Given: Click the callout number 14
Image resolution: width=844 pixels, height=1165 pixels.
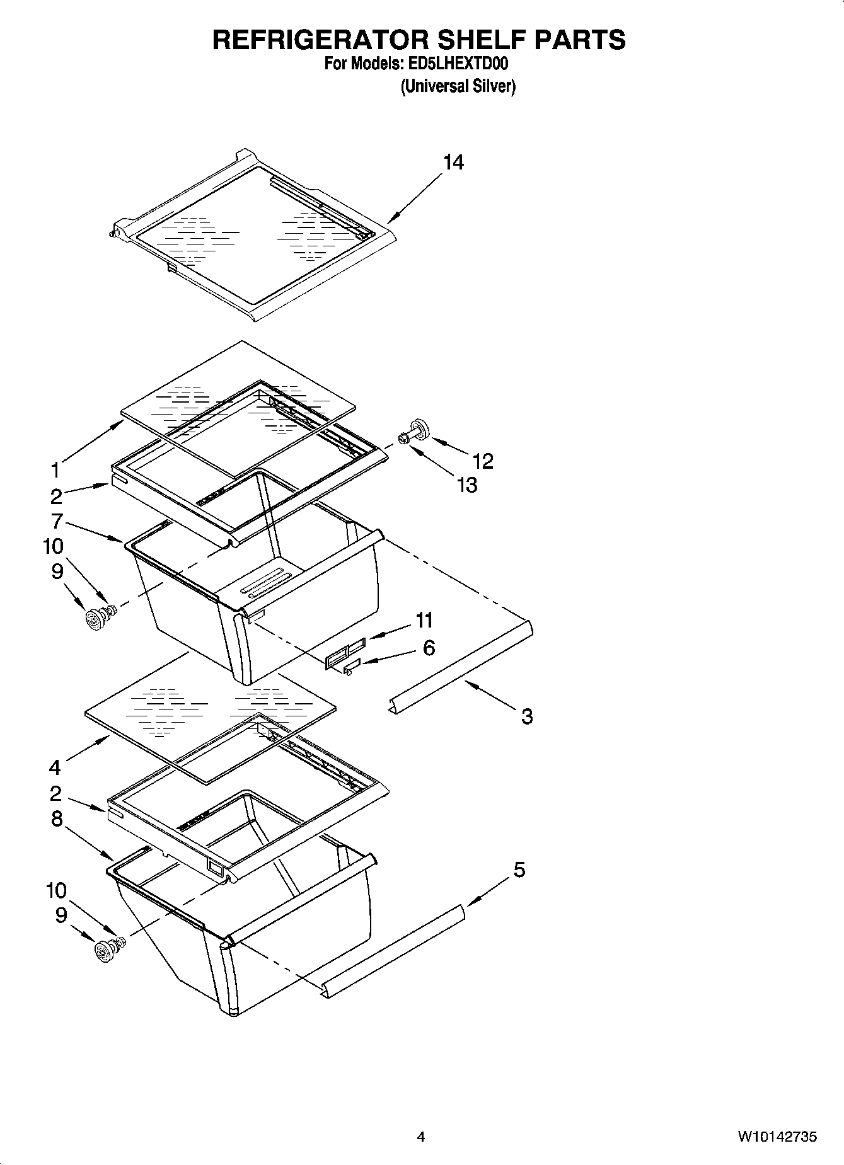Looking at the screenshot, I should coord(453,163).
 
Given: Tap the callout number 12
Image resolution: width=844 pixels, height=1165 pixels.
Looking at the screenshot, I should coord(483,461).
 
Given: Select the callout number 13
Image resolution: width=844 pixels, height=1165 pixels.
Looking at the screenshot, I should coord(467,485).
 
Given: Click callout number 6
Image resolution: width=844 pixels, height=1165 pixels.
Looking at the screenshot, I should coord(429,647).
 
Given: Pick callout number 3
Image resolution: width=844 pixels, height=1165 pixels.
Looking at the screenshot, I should coord(527,716).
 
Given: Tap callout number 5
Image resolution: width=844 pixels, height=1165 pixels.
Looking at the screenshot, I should coord(519,870).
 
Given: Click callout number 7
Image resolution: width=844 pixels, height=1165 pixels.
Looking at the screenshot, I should coord(56,521).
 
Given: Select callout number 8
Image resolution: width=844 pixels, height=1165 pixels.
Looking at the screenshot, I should coord(56,818).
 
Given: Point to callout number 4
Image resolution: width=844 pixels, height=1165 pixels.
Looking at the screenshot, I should coord(55,767).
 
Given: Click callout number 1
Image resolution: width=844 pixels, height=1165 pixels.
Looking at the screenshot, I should coord(55,470).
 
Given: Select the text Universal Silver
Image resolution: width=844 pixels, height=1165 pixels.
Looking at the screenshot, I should coord(458,86).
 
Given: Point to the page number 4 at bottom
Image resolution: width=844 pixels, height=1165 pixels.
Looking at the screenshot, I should coord(420,1137).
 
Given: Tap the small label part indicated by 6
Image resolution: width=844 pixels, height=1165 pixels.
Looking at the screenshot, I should coord(352,663).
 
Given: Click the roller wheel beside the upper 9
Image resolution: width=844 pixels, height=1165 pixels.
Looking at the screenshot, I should coord(95,619).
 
